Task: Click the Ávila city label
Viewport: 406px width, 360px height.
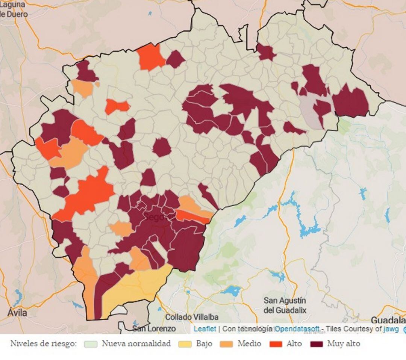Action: [17, 312]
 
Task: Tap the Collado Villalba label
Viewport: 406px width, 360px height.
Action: [192, 317]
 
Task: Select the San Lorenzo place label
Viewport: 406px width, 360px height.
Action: [154, 328]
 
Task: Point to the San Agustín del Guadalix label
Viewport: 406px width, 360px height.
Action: [285, 306]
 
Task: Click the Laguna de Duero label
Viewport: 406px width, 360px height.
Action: [14, 9]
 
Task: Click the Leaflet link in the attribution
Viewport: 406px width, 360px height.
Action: [205, 329]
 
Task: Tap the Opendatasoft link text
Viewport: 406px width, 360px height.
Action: [297, 329]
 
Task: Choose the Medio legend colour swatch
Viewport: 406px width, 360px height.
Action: [226, 344]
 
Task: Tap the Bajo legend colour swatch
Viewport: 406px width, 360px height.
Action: [185, 344]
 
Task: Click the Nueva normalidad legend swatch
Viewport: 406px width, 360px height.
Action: [91, 344]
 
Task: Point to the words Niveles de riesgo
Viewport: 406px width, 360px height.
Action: [43, 343]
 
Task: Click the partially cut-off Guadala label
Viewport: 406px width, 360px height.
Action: [388, 320]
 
